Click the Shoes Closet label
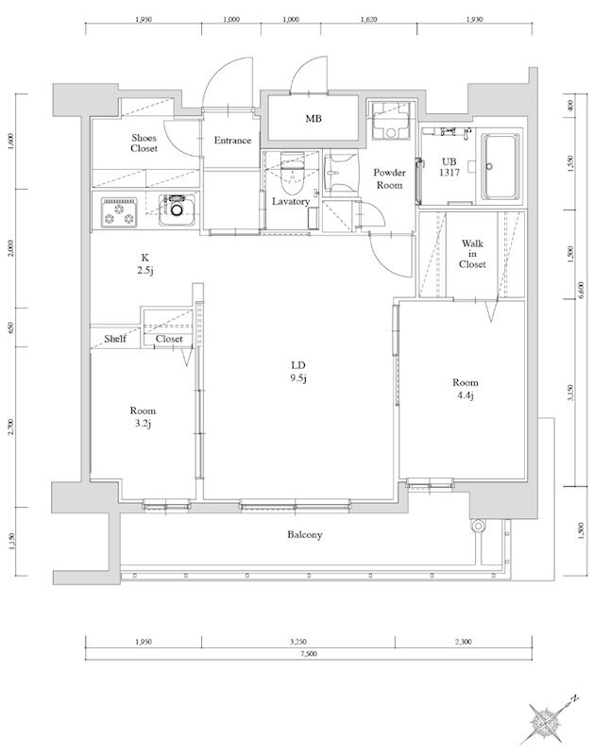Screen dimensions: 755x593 (x=144, y=143)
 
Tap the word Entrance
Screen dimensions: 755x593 (x=232, y=141)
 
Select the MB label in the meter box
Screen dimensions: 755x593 (x=312, y=119)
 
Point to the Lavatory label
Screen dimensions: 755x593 (x=291, y=201)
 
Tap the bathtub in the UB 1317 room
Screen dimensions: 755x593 (x=500, y=166)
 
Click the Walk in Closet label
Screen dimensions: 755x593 (x=472, y=254)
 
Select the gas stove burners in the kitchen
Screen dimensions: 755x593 (x=120, y=212)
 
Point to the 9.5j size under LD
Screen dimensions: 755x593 (x=297, y=380)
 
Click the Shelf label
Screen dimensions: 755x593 (x=115, y=339)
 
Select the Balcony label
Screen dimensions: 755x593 (x=304, y=535)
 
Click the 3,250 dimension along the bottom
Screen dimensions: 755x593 (x=297, y=642)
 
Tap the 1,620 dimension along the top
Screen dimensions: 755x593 (x=369, y=18)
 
